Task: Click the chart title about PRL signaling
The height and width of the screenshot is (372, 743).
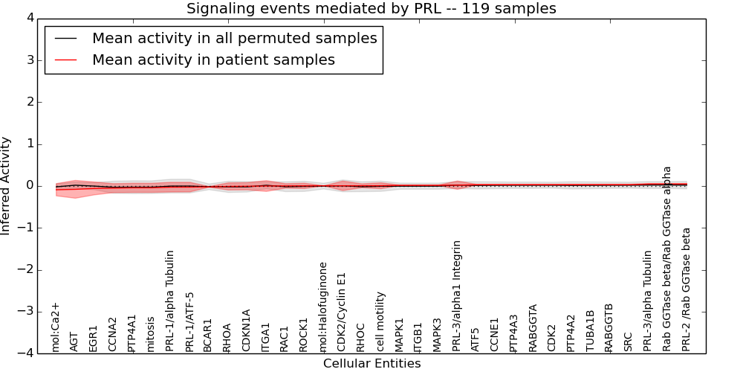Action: pyautogui.click(x=371, y=9)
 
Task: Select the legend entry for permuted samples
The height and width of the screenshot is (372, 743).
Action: pyautogui.click(x=234, y=38)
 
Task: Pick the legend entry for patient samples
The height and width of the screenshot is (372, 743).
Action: pyautogui.click(x=213, y=60)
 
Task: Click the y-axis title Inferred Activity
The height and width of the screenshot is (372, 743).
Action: pyautogui.click(x=6, y=186)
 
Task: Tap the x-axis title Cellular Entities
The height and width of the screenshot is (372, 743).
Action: pyautogui.click(x=371, y=364)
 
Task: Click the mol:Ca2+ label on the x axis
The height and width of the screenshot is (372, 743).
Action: pyautogui.click(x=55, y=327)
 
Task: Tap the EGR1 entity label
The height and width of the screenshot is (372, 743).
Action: pyautogui.click(x=94, y=338)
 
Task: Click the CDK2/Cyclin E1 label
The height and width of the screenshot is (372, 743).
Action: pyautogui.click(x=342, y=312)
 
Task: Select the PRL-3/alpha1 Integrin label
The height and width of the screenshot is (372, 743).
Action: pyautogui.click(x=457, y=295)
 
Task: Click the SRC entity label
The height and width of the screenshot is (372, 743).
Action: pyautogui.click(x=629, y=341)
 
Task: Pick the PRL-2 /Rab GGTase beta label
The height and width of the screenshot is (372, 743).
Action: pyautogui.click(x=687, y=289)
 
